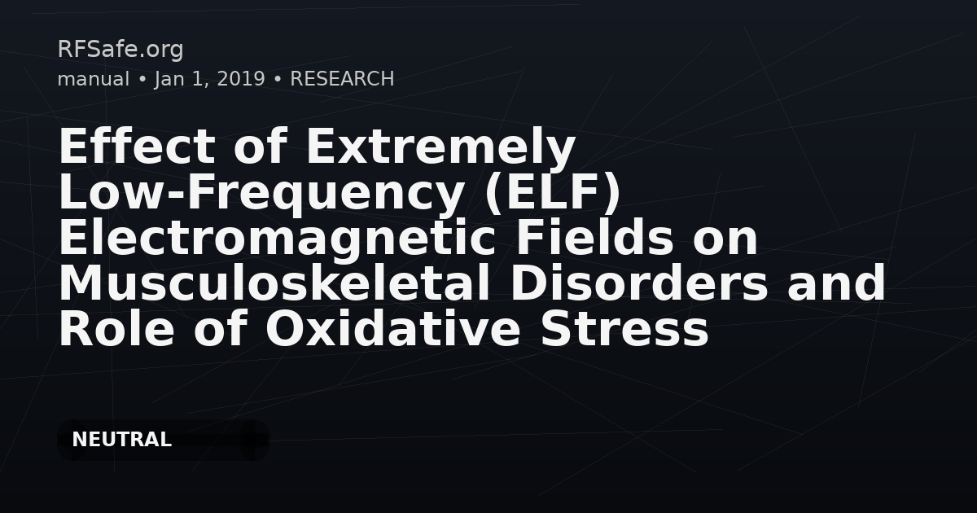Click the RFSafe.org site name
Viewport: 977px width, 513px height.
click(x=120, y=50)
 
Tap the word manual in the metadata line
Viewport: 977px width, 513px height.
click(x=94, y=79)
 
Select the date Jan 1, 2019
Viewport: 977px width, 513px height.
click(x=210, y=80)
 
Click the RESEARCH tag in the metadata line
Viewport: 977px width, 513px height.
click(x=342, y=79)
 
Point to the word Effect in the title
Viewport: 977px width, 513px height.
click(x=137, y=146)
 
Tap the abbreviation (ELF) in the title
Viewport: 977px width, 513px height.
click(x=552, y=193)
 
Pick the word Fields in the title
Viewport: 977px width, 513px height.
click(x=595, y=237)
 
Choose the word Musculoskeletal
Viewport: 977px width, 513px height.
click(x=275, y=283)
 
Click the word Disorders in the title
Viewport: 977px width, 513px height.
click(x=639, y=283)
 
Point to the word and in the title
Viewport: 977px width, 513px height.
click(x=837, y=283)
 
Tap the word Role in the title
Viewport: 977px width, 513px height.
click(x=116, y=328)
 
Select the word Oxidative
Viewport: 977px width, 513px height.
click(x=393, y=328)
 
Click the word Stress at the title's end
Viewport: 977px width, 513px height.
click(x=624, y=330)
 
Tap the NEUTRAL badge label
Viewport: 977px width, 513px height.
click(x=121, y=440)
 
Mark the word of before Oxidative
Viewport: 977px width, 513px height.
click(x=221, y=328)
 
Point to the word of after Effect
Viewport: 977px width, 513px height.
click(x=261, y=146)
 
